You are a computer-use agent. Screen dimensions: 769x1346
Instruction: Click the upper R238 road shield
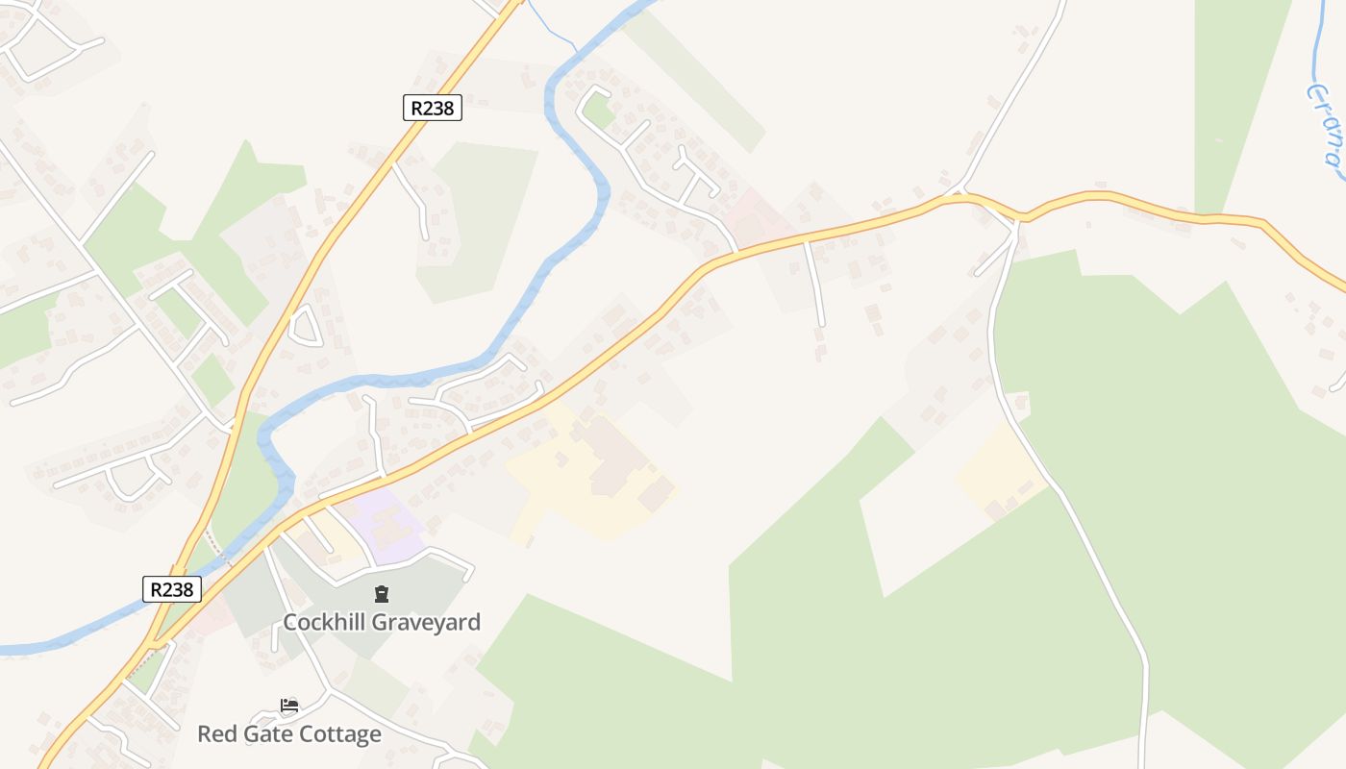tap(433, 108)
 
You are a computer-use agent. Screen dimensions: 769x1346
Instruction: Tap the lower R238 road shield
tap(173, 588)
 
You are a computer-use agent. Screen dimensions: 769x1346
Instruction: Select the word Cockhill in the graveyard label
tap(324, 622)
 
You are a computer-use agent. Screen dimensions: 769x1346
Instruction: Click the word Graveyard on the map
tap(426, 622)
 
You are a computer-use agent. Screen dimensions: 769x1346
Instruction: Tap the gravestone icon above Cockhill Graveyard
tap(382, 594)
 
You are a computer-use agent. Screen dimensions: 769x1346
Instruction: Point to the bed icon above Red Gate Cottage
tap(288, 706)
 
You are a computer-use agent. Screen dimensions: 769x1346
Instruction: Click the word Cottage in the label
tap(336, 734)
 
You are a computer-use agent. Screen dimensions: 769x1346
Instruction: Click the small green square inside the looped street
tap(599, 111)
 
